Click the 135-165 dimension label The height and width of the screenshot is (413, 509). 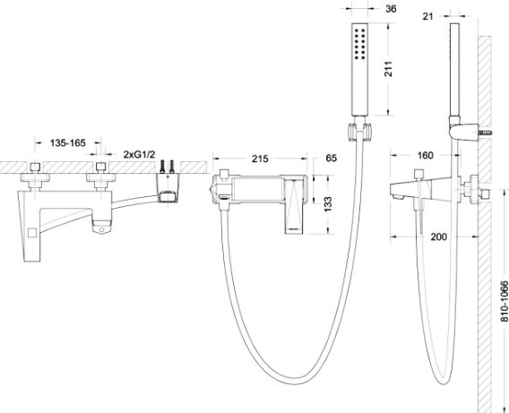click(67, 142)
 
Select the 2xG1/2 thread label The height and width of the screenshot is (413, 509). click(139, 154)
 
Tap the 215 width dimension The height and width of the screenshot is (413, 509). click(260, 159)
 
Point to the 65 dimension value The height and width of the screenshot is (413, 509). click(331, 158)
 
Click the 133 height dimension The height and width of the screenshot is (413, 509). click(328, 204)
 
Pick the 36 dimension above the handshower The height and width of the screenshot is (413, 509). click(391, 9)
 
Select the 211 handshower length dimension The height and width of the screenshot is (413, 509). click(388, 69)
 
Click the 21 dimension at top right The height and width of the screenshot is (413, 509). click(427, 16)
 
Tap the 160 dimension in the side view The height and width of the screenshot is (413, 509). click(426, 155)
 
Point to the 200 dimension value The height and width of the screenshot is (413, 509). click(438, 237)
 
